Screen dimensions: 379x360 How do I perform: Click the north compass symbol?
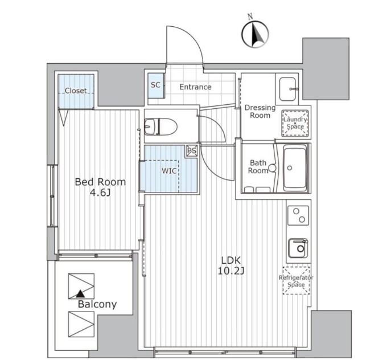[256, 34]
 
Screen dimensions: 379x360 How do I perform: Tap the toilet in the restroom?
[160, 126]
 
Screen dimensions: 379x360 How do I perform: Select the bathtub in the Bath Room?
[295, 168]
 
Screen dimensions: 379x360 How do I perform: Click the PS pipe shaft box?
[192, 151]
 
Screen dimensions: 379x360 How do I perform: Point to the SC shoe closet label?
[155, 85]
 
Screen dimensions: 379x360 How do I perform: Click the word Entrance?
[195, 87]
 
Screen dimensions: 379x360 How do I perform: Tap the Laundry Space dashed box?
[295, 123]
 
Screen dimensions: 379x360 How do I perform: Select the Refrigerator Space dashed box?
[296, 281]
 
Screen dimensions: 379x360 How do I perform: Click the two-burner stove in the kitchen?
[298, 215]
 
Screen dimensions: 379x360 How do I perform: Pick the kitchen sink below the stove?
[298, 248]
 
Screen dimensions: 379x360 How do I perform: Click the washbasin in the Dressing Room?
[287, 89]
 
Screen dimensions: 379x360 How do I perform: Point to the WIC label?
[169, 171]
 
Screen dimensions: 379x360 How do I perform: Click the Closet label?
[76, 91]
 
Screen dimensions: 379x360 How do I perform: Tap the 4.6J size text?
[100, 193]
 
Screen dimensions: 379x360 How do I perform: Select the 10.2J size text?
[231, 272]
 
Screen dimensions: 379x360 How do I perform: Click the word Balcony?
[97, 305]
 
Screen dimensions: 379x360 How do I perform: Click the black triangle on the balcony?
[80, 294]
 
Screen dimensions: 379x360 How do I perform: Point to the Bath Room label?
[258, 167]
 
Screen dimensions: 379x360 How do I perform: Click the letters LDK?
[231, 260]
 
